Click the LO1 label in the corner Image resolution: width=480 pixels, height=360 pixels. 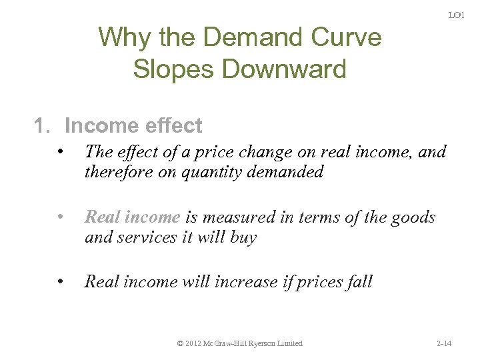coord(457,15)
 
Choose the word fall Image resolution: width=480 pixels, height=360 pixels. coord(359,281)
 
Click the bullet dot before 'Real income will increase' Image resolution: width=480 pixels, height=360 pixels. coord(60,281)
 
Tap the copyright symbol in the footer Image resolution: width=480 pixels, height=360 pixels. coord(181,343)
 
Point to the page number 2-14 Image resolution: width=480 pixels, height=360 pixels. coord(443,343)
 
